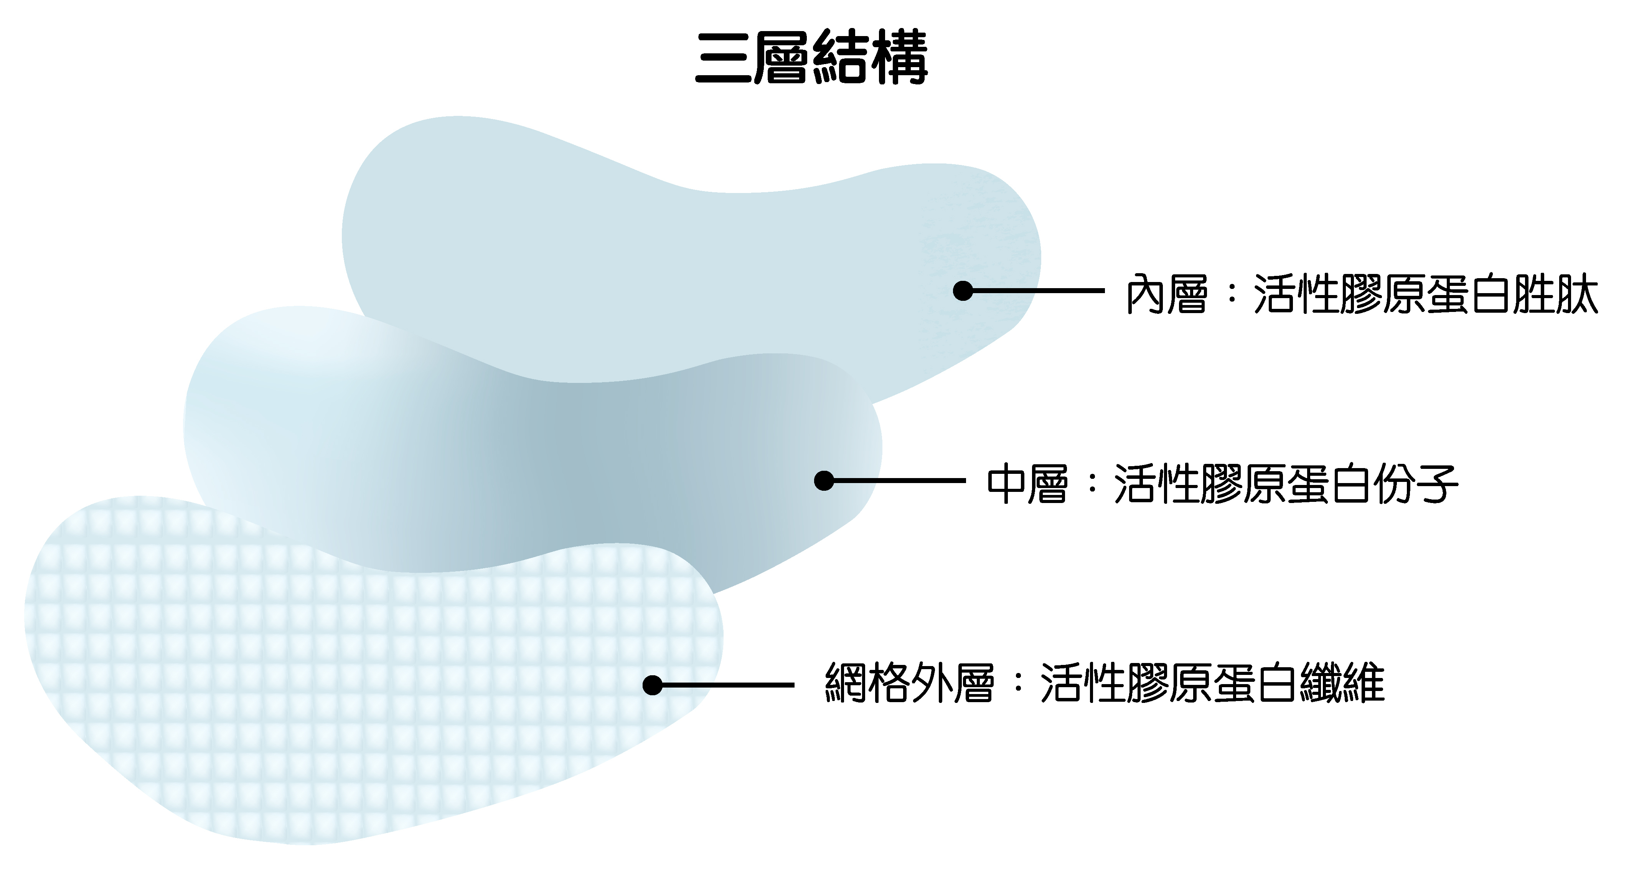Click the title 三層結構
point(811,58)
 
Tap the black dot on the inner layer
point(963,291)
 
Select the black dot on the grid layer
point(652,686)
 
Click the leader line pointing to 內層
point(1037,291)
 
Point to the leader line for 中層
point(898,481)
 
